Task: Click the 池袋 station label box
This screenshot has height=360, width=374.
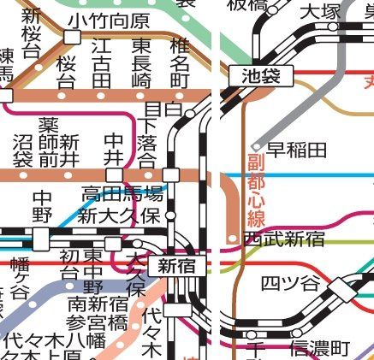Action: coord(260,76)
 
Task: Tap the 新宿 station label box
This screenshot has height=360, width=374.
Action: coord(176,266)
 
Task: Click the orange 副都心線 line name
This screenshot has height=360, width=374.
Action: coord(256,191)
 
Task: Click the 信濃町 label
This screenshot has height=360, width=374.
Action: coord(319,348)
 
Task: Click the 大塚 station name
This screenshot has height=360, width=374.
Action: coord(319,12)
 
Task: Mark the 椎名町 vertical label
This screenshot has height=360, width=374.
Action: coord(179,60)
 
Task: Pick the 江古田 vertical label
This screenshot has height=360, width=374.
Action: coord(103,60)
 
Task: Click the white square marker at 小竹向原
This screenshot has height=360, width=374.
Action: coord(73,37)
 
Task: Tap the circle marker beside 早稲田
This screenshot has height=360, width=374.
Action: coord(254,148)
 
